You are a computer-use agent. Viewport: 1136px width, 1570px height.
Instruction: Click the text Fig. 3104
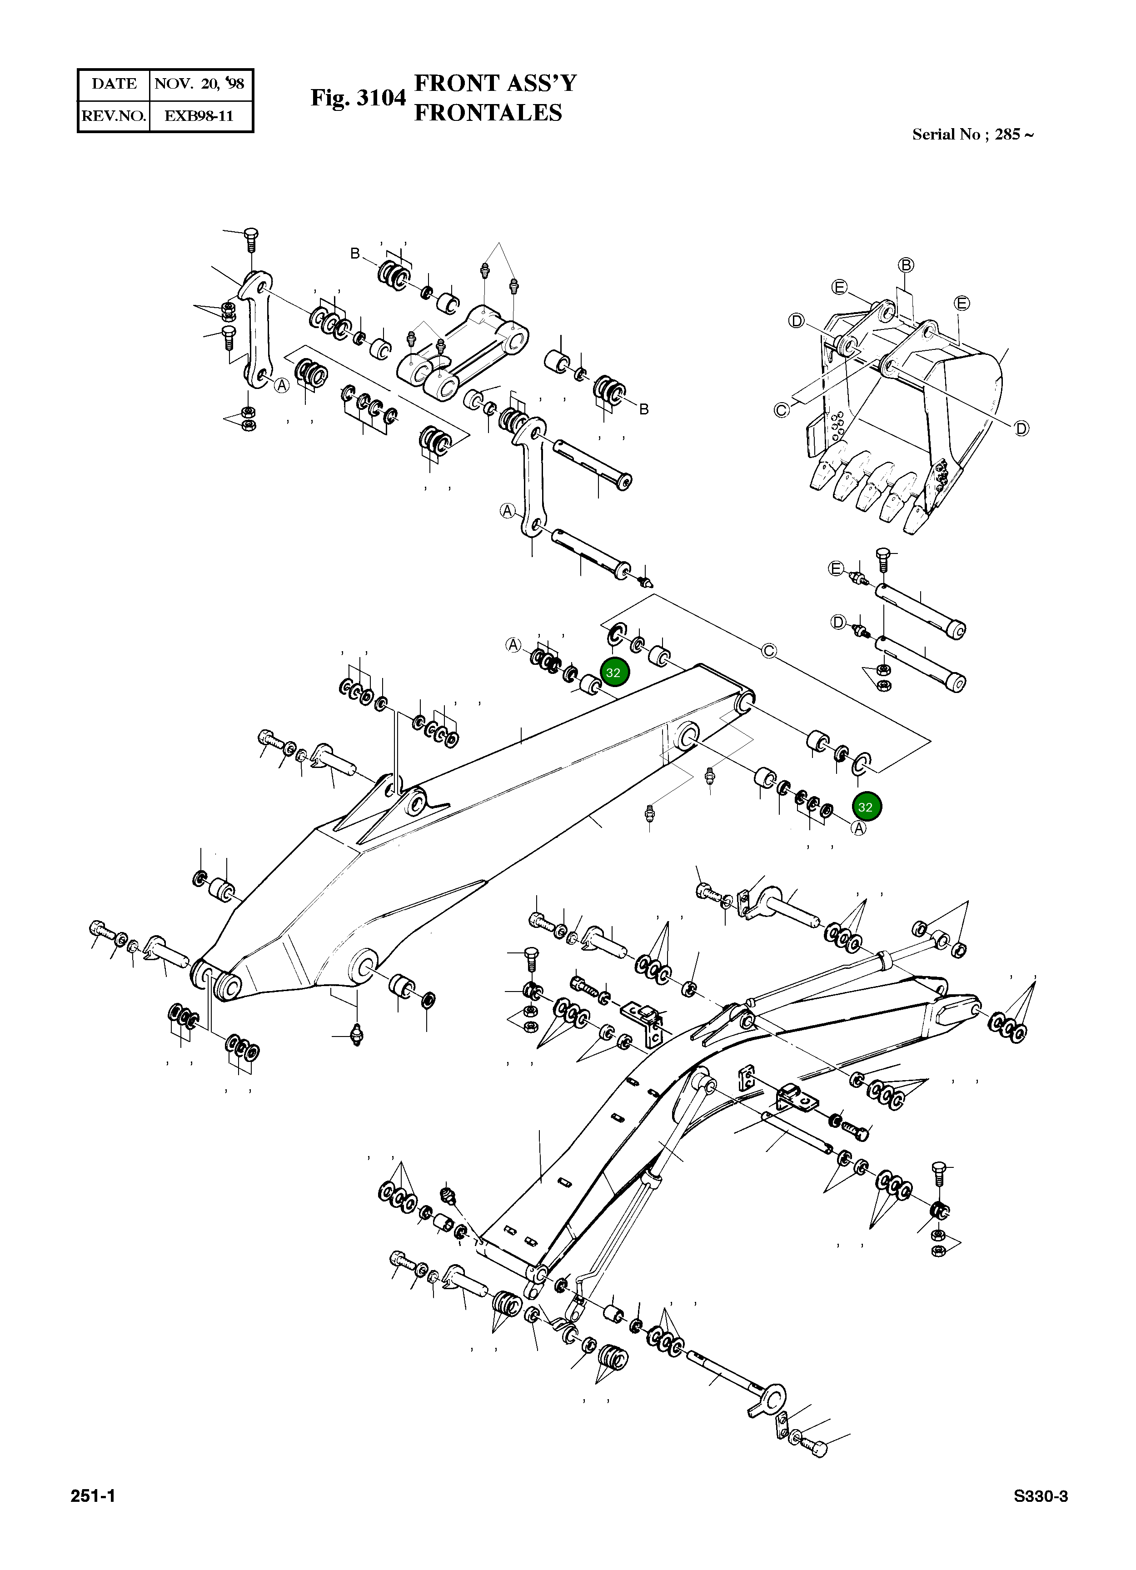coord(358,98)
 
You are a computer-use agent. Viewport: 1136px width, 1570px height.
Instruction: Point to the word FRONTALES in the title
coord(488,113)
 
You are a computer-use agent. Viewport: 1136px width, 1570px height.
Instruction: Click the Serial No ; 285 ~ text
coord(972,135)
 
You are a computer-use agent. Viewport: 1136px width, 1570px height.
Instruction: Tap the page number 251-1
coord(93,1497)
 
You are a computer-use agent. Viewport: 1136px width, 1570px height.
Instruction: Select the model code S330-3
coord(1041,1497)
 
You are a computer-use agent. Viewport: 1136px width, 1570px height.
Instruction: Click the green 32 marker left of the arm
coord(613,672)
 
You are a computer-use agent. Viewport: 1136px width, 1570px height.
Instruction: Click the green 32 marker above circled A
coord(865,807)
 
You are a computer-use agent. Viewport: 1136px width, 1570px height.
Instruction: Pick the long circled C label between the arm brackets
coord(769,651)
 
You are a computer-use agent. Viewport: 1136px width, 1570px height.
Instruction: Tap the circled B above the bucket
coord(906,265)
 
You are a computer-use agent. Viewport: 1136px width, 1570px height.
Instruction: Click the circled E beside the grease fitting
coord(836,569)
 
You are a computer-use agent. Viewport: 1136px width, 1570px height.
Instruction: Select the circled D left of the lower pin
coord(838,623)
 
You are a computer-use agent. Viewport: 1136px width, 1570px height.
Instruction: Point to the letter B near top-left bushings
coord(355,254)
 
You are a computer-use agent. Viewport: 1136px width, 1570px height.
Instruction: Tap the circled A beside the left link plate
coord(281,386)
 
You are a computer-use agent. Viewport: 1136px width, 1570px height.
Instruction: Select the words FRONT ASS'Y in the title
coord(495,83)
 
